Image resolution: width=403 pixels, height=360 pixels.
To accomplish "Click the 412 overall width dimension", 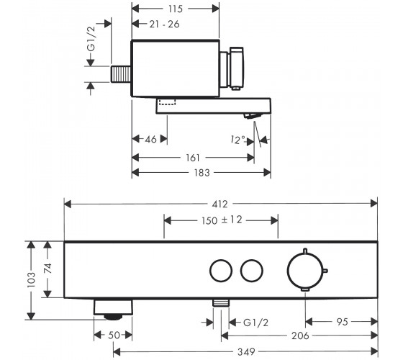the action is pos(219,204).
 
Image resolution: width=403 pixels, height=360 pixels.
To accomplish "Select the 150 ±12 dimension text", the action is pos(222,220).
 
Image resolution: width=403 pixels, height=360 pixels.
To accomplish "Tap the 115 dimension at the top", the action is pos(176,9).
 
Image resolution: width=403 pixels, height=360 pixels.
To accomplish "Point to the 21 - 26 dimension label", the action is pos(164,24).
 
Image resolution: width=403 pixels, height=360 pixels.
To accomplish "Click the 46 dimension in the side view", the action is pos(150,140).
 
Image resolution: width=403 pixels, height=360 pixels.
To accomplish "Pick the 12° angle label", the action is pos(237,140).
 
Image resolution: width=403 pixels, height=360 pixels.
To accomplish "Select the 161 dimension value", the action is pos(193,158).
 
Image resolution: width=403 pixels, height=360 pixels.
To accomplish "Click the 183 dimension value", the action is pos(201,173).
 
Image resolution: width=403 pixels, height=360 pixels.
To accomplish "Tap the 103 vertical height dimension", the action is pos(31,280).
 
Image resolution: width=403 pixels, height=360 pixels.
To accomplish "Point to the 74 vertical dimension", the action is pos(47,268).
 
